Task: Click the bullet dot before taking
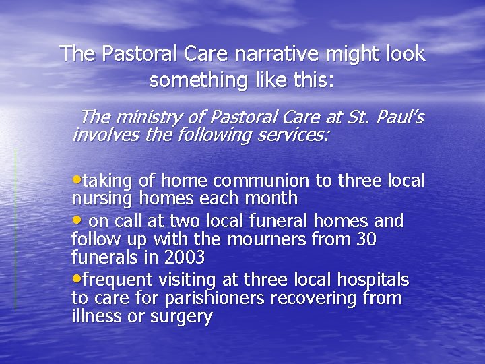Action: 75,180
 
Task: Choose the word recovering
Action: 314,298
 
